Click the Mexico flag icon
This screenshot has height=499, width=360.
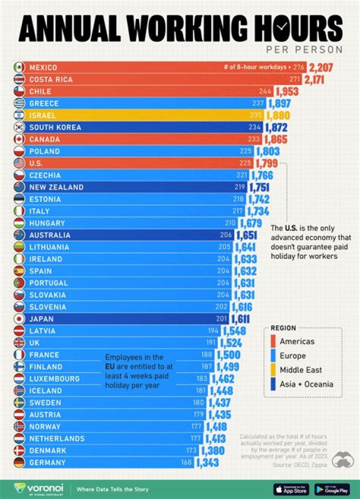pos(19,67)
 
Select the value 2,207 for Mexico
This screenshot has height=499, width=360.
pos(321,67)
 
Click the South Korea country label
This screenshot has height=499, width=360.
pos(55,127)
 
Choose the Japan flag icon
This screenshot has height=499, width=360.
pos(19,319)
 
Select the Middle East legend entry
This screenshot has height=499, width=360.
pos(300,370)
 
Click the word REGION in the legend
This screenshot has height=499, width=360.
pos(283,328)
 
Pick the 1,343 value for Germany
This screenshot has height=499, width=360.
pos(207,463)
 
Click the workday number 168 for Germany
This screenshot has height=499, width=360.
pos(186,463)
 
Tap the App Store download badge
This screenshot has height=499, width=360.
pos(290,488)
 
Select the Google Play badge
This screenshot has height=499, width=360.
pos(331,488)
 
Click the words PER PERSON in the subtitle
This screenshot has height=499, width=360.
pos(304,49)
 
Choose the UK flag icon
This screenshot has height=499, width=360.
pos(19,343)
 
